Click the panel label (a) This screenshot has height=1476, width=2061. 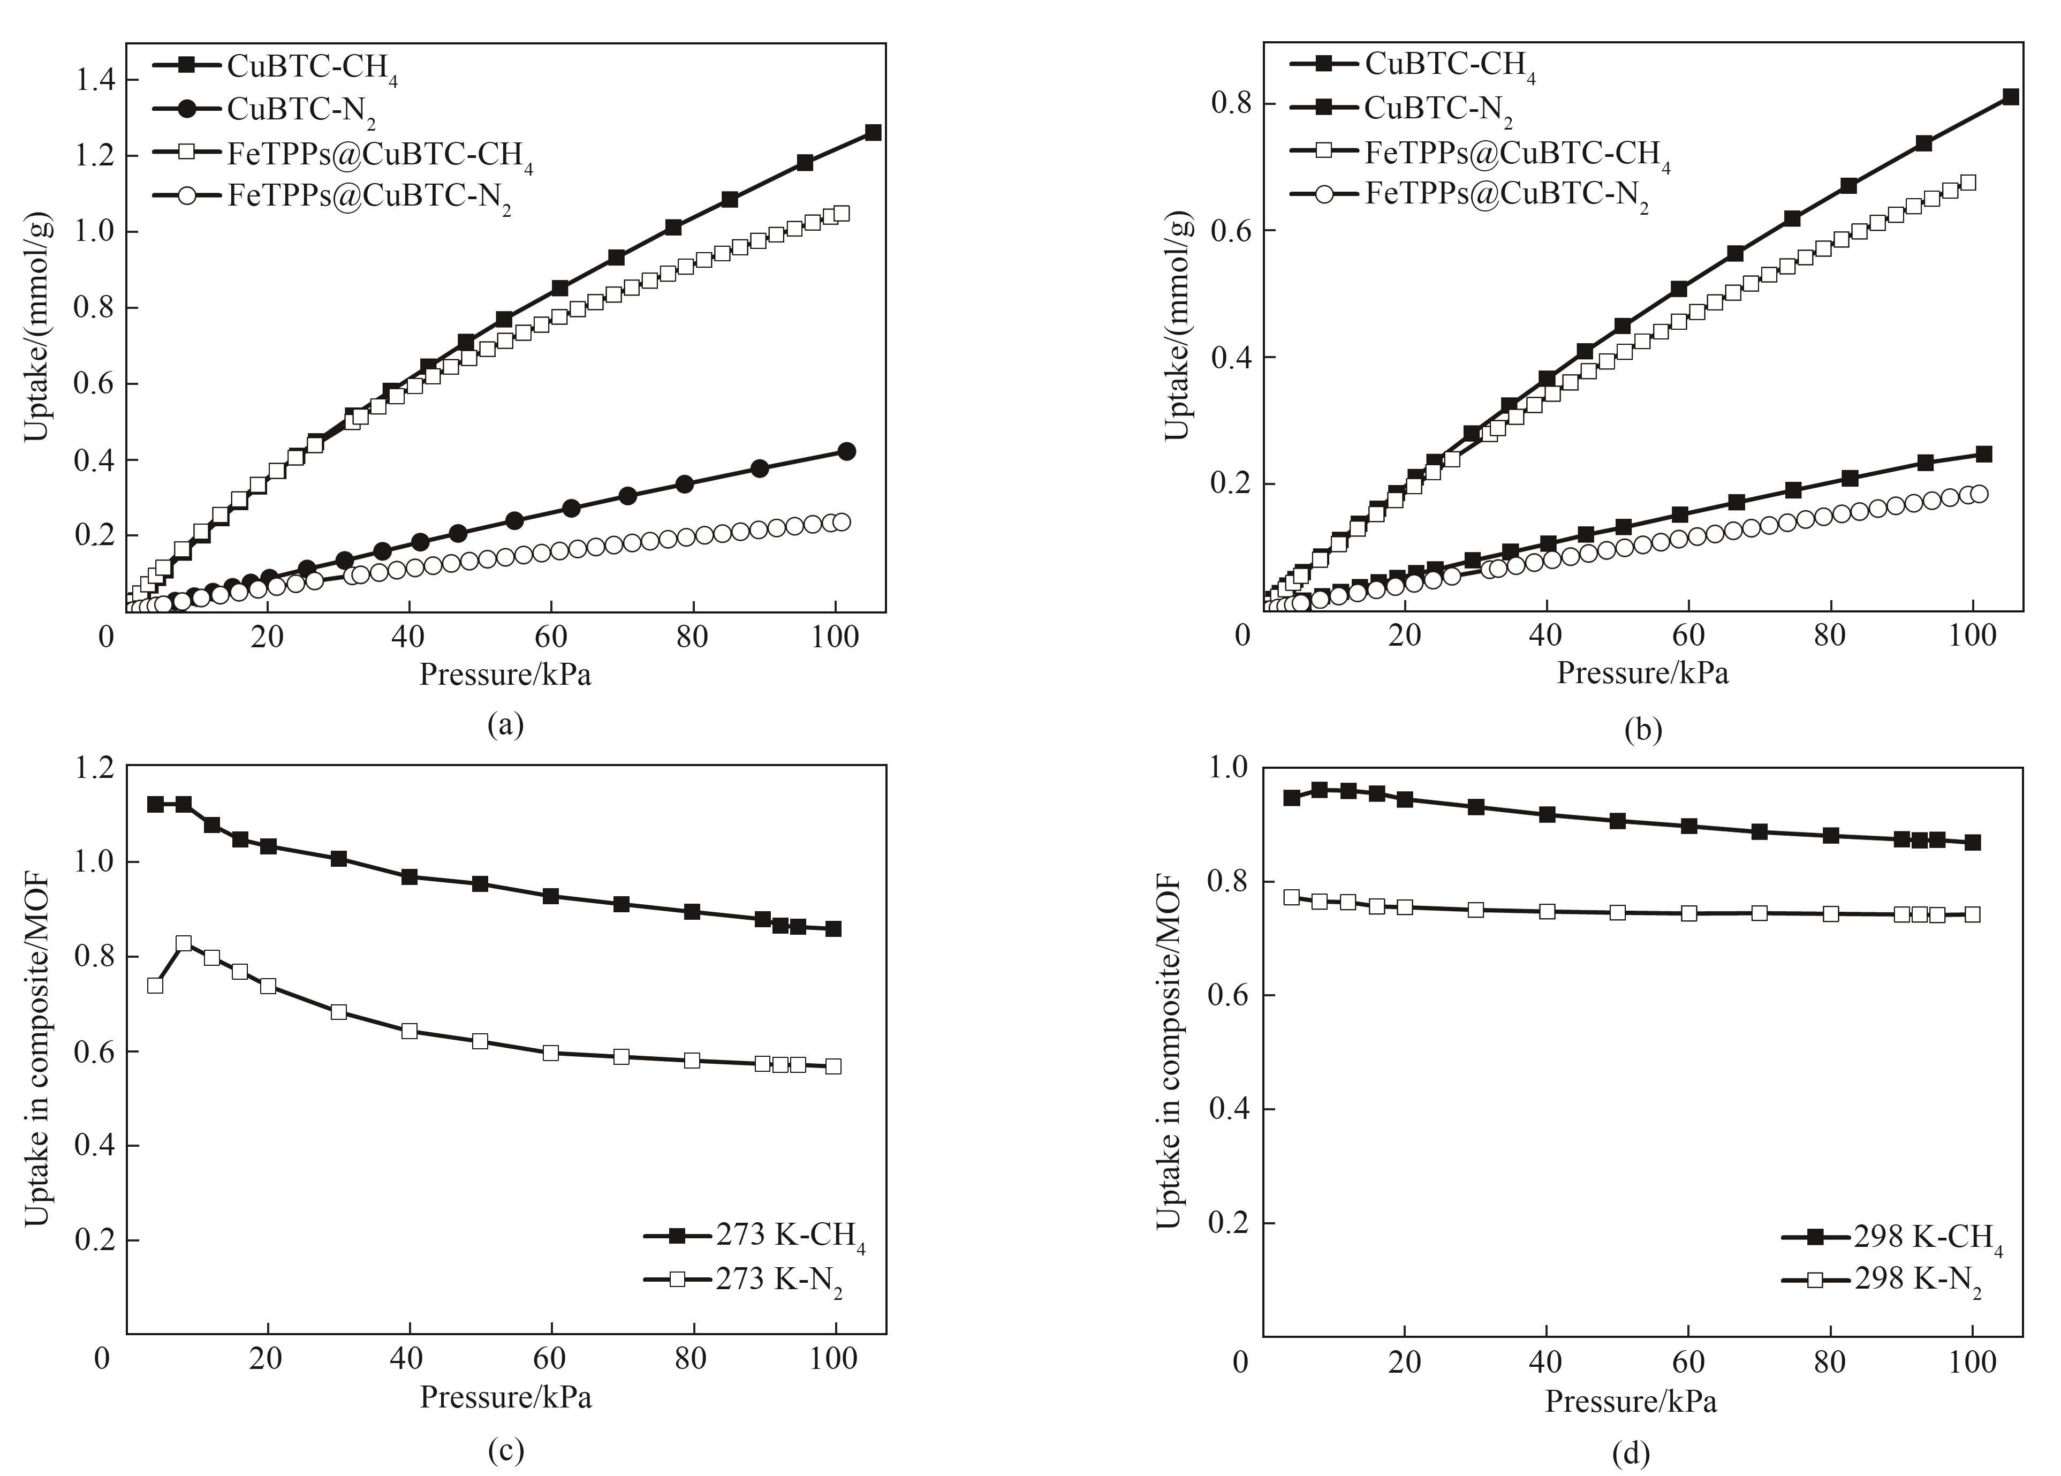(505, 724)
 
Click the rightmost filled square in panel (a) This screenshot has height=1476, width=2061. (873, 132)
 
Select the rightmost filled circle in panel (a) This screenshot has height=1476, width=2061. (846, 451)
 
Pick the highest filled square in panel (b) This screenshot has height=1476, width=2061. (2011, 96)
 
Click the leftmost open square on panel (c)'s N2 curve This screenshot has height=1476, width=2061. (155, 985)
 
